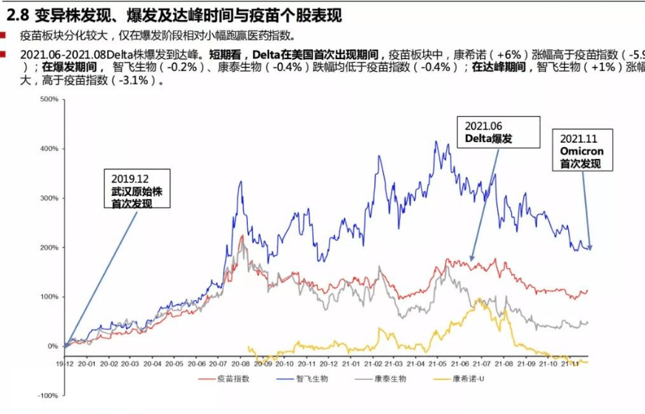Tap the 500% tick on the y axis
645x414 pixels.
point(48,99)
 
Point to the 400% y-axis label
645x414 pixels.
point(48,149)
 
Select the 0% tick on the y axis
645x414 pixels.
point(53,346)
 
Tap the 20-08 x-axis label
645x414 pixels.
point(240,363)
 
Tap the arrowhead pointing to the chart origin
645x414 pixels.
point(67,344)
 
